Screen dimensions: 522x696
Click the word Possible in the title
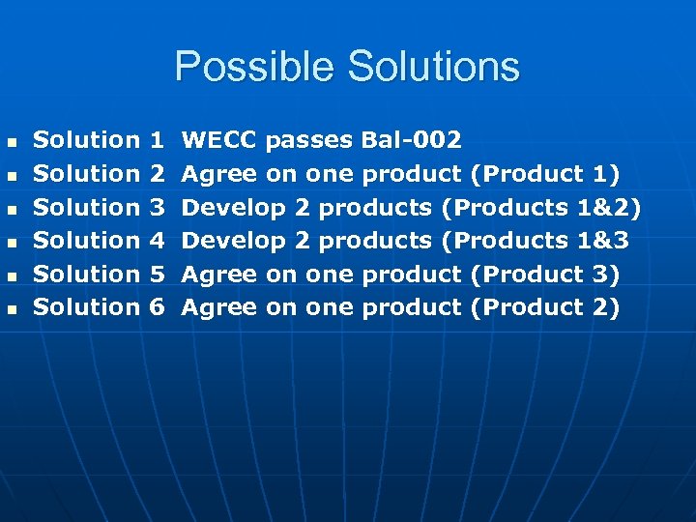(x=255, y=68)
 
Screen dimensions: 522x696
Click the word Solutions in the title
(x=433, y=68)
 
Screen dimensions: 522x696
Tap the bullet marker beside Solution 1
(x=12, y=142)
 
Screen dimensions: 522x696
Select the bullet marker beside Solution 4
(x=12, y=242)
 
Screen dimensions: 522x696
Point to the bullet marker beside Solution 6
(x=12, y=308)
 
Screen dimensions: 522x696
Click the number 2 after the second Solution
(x=159, y=174)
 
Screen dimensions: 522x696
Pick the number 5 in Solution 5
(x=159, y=274)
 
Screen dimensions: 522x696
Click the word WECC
(x=219, y=140)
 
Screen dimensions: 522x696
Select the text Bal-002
(x=411, y=140)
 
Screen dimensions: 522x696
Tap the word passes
(x=309, y=140)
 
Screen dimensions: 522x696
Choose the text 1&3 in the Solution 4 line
(x=602, y=240)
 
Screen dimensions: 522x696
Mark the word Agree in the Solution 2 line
(x=219, y=174)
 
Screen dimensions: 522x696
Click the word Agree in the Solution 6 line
(x=219, y=306)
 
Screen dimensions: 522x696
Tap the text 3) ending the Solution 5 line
(x=606, y=274)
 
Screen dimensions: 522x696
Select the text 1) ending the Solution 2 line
(x=606, y=174)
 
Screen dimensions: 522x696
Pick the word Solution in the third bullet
(x=87, y=207)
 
